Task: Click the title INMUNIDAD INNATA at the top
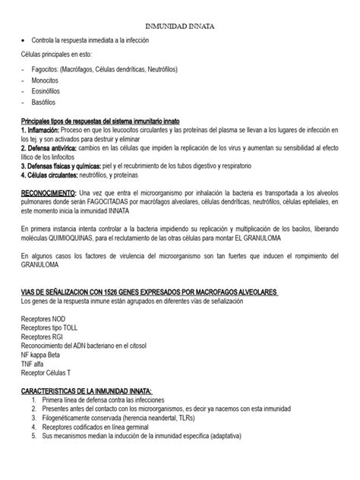(x=180, y=26)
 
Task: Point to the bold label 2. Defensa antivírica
(x=53, y=149)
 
